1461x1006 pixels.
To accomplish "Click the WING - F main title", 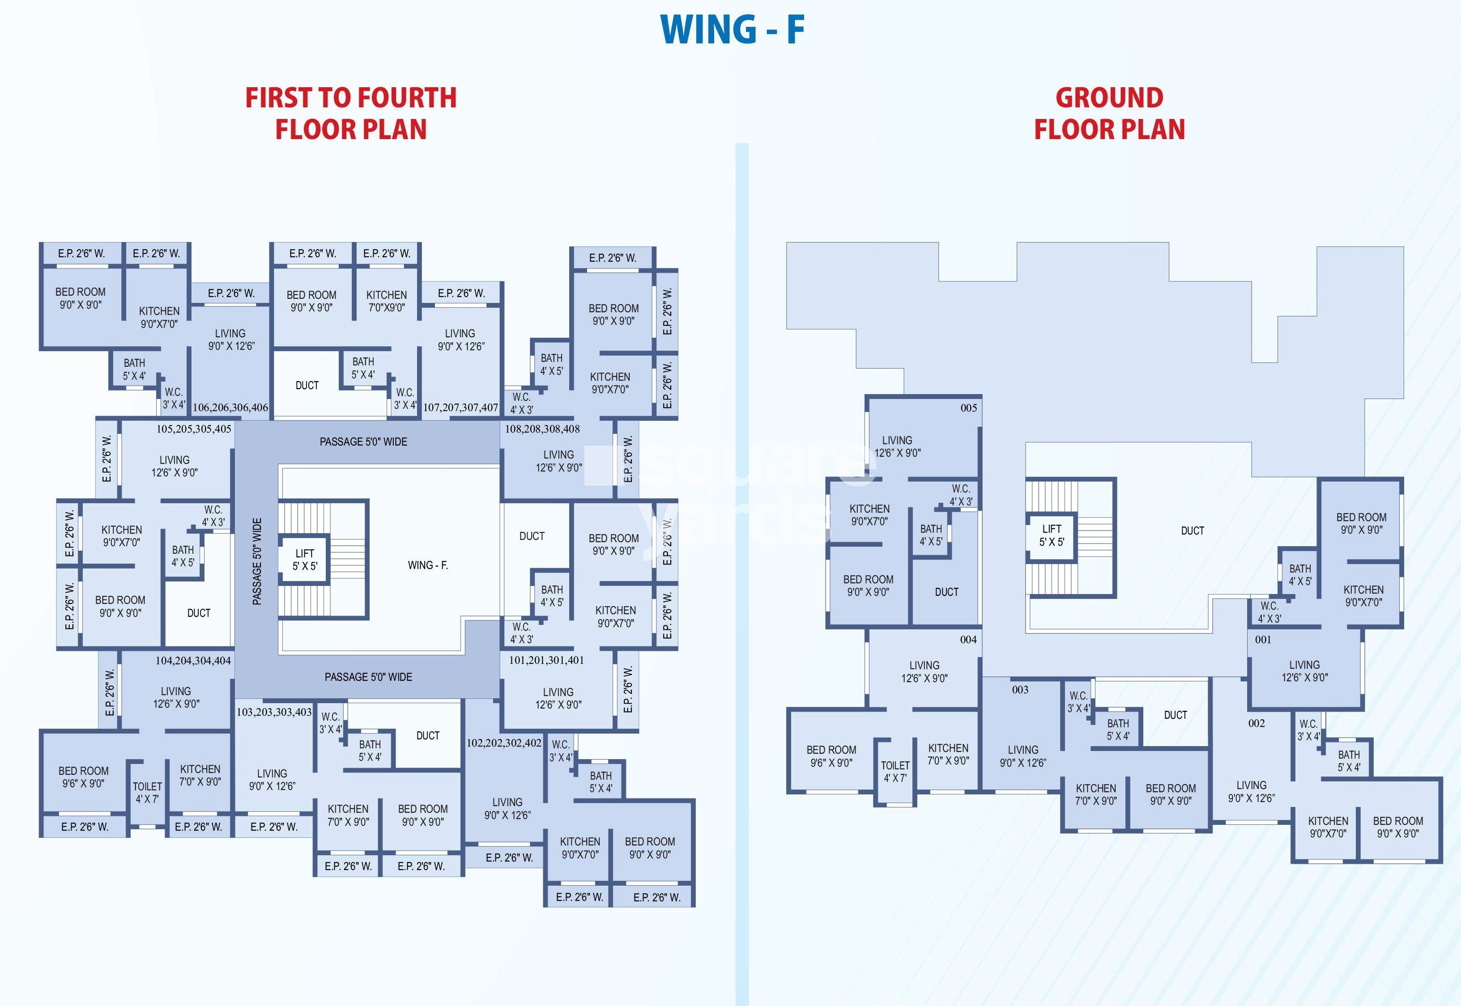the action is click(x=732, y=30).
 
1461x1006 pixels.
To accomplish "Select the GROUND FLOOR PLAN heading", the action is click(x=1109, y=114).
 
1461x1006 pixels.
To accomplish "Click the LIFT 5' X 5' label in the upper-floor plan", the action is click(x=305, y=560).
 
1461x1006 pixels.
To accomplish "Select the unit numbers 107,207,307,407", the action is click(x=460, y=407).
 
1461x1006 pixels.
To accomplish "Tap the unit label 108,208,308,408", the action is click(x=542, y=429).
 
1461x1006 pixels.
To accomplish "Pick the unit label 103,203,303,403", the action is click(x=274, y=712).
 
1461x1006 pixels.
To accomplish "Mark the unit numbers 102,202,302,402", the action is click(x=504, y=743).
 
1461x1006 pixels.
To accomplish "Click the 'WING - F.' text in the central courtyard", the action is click(x=427, y=565).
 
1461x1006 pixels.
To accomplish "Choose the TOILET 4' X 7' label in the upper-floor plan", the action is click(x=147, y=792).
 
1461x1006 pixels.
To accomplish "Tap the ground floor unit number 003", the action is click(x=1020, y=690).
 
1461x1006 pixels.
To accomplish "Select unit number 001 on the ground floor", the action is click(x=1263, y=639).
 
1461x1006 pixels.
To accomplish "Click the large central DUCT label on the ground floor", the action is click(x=1193, y=531).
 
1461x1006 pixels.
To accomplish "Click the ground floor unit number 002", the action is click(x=1257, y=723).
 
